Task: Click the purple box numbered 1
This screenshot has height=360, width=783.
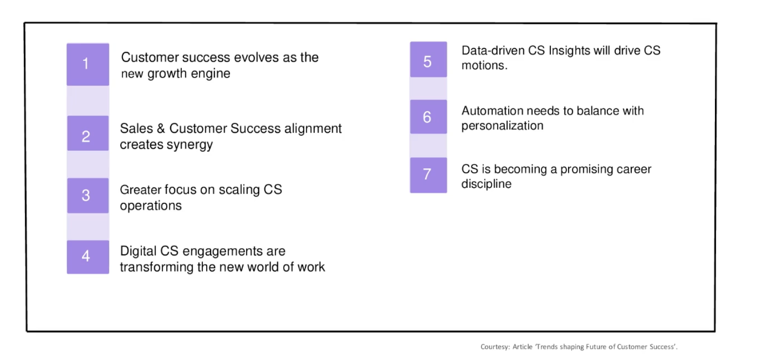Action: pyautogui.click(x=88, y=64)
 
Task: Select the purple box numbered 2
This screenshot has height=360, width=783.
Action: pyautogui.click(x=88, y=133)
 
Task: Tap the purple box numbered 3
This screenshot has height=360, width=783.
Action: pyautogui.click(x=88, y=196)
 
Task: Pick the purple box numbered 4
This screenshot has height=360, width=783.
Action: pyautogui.click(x=88, y=257)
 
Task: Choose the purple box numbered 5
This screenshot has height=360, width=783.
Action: pyautogui.click(x=428, y=59)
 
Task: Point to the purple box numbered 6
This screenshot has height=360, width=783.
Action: pyautogui.click(x=428, y=117)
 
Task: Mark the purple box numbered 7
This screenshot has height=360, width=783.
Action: pyautogui.click(x=428, y=175)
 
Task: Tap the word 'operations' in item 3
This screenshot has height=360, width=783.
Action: pyautogui.click(x=151, y=206)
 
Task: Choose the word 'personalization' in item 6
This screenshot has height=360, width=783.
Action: pyautogui.click(x=502, y=126)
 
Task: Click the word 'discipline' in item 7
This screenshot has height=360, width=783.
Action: pyautogui.click(x=486, y=184)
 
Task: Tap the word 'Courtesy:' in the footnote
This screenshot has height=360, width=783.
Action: pyautogui.click(x=495, y=347)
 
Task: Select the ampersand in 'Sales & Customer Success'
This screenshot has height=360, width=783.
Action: pyautogui.click(x=161, y=129)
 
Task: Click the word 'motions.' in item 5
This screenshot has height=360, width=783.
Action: pyautogui.click(x=484, y=66)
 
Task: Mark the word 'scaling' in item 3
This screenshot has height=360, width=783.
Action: pyautogui.click(x=239, y=190)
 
